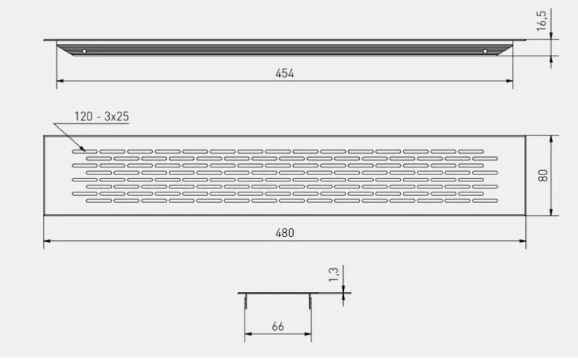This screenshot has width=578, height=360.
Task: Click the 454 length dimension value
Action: pos(285,74)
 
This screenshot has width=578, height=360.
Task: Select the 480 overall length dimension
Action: pos(285,233)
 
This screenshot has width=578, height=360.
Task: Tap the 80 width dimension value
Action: pos(543,175)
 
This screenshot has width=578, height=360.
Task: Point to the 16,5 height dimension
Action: pos(541,21)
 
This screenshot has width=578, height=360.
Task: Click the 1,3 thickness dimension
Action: pos(333,275)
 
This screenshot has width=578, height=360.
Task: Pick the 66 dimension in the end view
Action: pos(278,327)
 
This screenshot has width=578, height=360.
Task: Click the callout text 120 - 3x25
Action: pos(101,117)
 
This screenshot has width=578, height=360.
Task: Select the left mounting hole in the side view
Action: pos(85,51)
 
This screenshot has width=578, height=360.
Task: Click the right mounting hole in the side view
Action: pos(485,51)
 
